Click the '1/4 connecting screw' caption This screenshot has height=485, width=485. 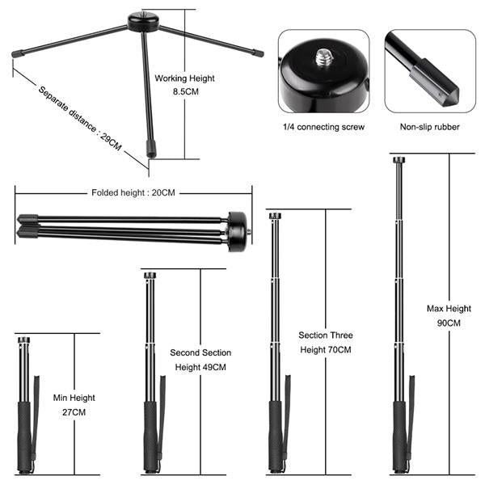[323, 127]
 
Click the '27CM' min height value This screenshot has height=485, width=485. [74, 412]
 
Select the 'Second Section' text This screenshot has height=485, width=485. [200, 352]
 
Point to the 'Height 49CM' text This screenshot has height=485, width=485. [200, 367]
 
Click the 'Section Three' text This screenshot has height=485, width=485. [326, 335]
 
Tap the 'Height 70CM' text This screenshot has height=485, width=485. [326, 349]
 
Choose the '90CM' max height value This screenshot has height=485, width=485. [448, 323]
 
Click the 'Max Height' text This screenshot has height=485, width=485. [448, 308]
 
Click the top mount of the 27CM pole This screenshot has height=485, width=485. [24, 340]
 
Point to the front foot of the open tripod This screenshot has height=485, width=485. [150, 150]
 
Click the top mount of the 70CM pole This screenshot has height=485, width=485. [275, 216]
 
